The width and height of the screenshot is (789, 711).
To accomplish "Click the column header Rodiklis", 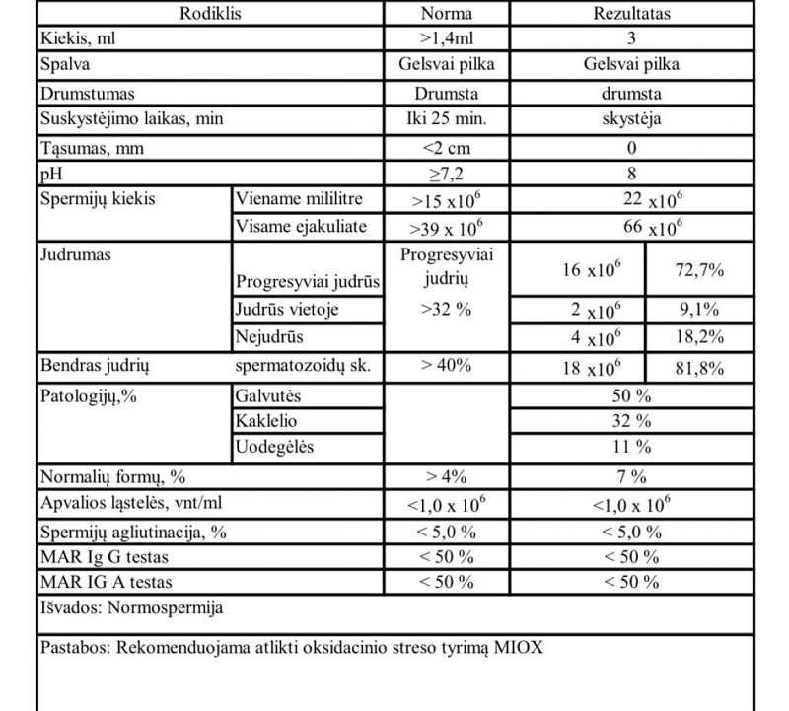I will coord(211,15).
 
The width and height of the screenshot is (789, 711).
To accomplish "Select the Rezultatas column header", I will coord(631,15).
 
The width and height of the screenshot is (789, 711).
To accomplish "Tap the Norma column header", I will coord(446,15).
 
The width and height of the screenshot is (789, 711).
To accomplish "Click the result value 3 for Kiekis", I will coord(631,40).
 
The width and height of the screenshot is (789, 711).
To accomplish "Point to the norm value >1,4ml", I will coord(446,40).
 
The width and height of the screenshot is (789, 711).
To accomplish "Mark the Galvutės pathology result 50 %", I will coord(631,395).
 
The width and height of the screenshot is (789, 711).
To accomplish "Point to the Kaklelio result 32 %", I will coord(631,421).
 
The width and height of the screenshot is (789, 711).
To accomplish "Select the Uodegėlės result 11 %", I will coord(631,447).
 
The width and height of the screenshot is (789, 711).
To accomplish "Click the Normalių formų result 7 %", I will coord(631,477).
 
